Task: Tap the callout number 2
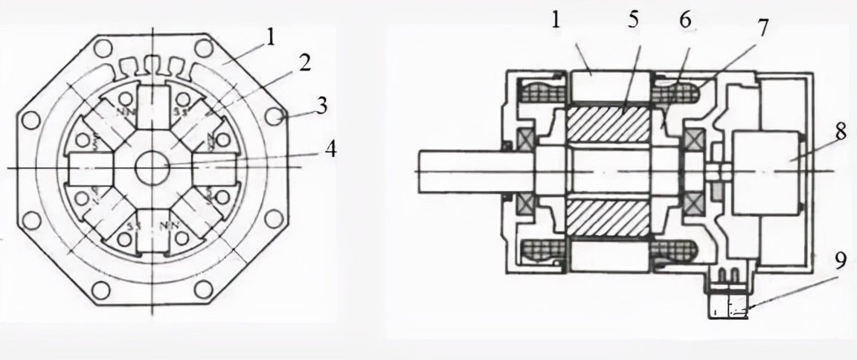click(304, 63)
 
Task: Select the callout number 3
click(321, 105)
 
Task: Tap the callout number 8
click(840, 132)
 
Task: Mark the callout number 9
click(840, 262)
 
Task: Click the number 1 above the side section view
click(555, 20)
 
